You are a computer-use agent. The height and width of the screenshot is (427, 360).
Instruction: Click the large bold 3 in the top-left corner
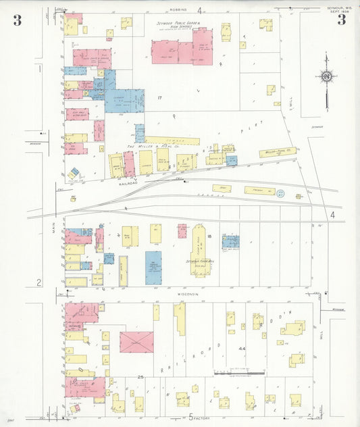pyautogui.click(x=17, y=20)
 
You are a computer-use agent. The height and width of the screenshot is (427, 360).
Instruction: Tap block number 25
pyautogui.click(x=140, y=376)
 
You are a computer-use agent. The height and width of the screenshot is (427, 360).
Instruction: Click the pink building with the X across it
pyautogui.click(x=136, y=342)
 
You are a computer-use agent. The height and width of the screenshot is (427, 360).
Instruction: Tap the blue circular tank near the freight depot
pyautogui.click(x=280, y=194)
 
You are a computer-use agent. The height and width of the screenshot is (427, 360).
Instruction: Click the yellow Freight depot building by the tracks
pyautogui.click(x=259, y=191)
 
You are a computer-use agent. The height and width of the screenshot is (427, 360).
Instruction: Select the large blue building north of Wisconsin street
pyautogui.click(x=153, y=268)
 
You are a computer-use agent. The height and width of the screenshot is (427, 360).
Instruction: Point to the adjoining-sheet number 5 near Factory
pyautogui.click(x=191, y=417)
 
